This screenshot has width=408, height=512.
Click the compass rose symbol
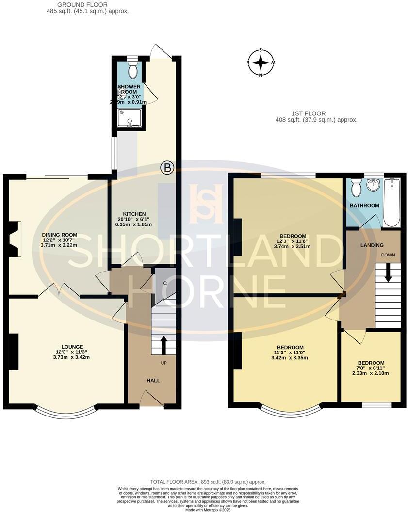click(261, 63)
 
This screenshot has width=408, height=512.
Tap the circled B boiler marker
click(167, 168)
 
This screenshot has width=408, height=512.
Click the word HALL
click(153, 380)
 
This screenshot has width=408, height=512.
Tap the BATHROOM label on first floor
click(364, 206)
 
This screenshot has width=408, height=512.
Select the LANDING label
click(372, 245)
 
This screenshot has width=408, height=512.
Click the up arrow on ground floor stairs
click(163, 345)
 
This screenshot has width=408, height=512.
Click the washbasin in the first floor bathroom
click(374, 185)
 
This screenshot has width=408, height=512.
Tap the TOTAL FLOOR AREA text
click(208, 482)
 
